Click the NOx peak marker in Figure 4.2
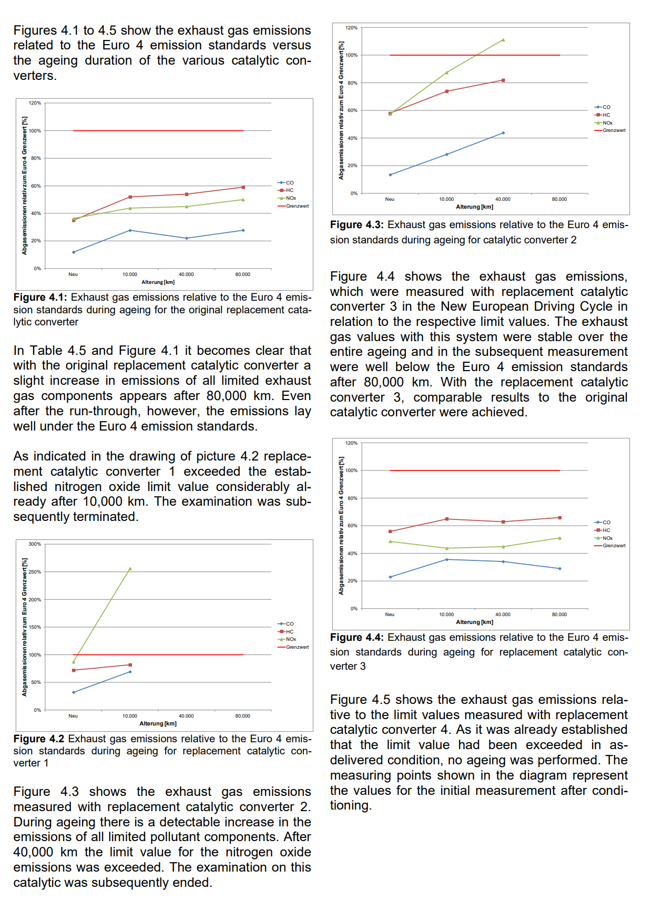(130, 568)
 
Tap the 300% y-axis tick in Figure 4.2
(35, 544)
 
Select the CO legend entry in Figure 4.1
(286, 183)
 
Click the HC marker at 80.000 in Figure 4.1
(243, 187)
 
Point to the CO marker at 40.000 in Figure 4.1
(187, 238)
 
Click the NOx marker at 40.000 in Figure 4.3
(503, 40)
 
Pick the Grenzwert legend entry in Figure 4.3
(610, 130)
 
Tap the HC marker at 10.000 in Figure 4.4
(446, 519)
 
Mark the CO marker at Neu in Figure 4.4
(390, 577)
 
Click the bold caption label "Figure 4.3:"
(357, 224)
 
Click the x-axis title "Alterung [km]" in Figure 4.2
(158, 723)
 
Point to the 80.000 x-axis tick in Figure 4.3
(559, 199)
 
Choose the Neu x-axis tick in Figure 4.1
(73, 274)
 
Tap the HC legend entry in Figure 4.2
(286, 631)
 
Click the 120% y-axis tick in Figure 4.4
(351, 443)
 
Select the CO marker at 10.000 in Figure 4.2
(130, 672)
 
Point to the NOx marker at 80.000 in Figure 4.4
(560, 538)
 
